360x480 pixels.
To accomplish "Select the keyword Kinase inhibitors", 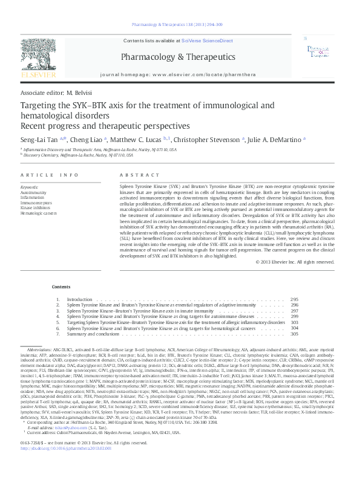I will (x=35, y=208).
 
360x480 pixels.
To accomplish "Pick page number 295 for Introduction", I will (x=295, y=299).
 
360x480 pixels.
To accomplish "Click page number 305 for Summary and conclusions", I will (x=295, y=334).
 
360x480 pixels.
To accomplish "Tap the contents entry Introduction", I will (x=79, y=299).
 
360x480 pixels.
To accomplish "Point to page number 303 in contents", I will (x=295, y=322).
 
